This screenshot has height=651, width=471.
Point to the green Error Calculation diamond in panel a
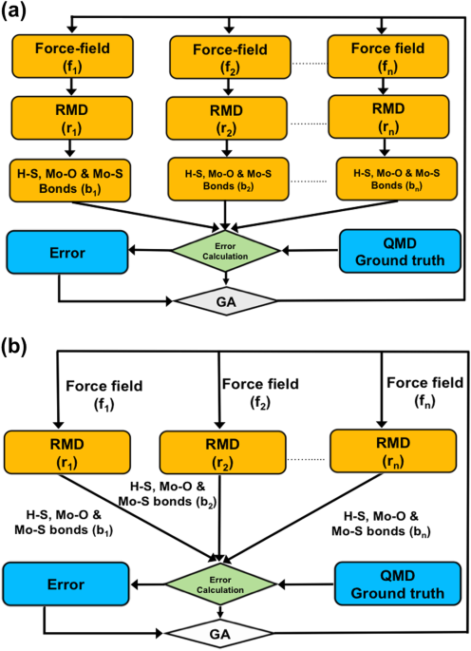[224, 252]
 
